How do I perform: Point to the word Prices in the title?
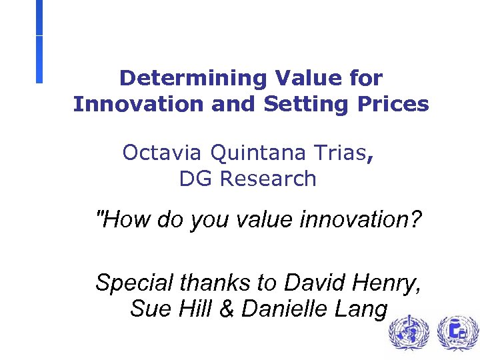point(394,104)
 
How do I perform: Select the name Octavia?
point(163,153)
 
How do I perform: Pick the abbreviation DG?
point(196,179)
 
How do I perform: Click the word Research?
point(268,179)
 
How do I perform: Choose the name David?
point(316,283)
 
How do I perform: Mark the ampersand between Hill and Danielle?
point(227,309)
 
